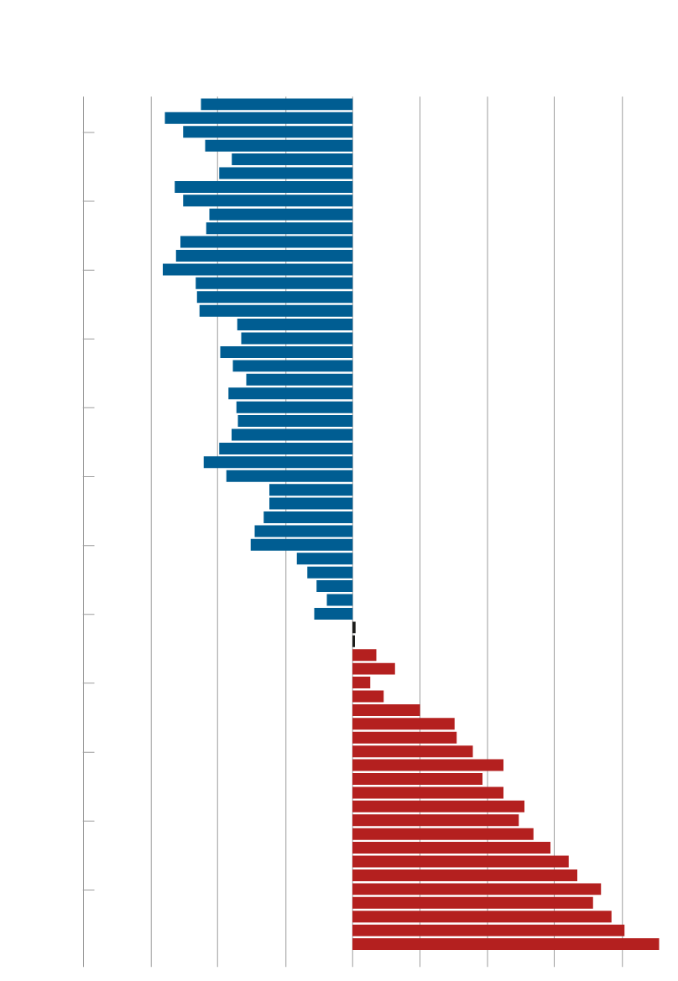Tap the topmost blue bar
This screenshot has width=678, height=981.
(x=277, y=104)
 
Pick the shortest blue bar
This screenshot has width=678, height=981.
(x=340, y=599)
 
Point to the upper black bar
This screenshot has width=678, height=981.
(x=354, y=627)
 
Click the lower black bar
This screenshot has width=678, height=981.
(x=353, y=641)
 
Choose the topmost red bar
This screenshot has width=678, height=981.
(x=364, y=655)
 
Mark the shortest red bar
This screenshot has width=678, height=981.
(x=361, y=683)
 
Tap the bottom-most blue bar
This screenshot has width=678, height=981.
(x=333, y=614)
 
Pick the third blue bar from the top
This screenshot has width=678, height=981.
(x=268, y=132)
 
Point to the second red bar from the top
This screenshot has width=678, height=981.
(x=373, y=669)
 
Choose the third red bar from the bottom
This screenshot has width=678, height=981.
(x=482, y=916)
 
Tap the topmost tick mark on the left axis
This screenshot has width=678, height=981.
(x=89, y=132)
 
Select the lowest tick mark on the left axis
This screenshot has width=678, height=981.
(x=89, y=889)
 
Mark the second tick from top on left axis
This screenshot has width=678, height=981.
(x=89, y=201)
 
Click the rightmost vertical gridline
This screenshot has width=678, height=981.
(x=622, y=503)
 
